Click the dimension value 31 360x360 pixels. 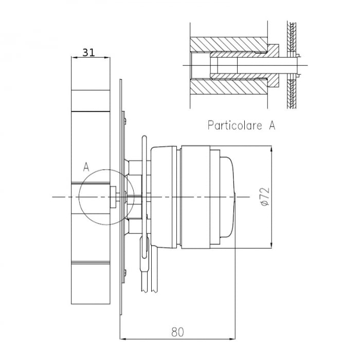88,51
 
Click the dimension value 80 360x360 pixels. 177,332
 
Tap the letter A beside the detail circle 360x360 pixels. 86,167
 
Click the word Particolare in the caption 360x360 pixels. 235,125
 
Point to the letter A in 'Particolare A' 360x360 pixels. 272,125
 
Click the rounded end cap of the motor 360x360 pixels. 229,196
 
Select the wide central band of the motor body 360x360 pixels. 194,196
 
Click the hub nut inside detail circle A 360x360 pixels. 113,196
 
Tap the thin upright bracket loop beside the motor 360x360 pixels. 143,154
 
